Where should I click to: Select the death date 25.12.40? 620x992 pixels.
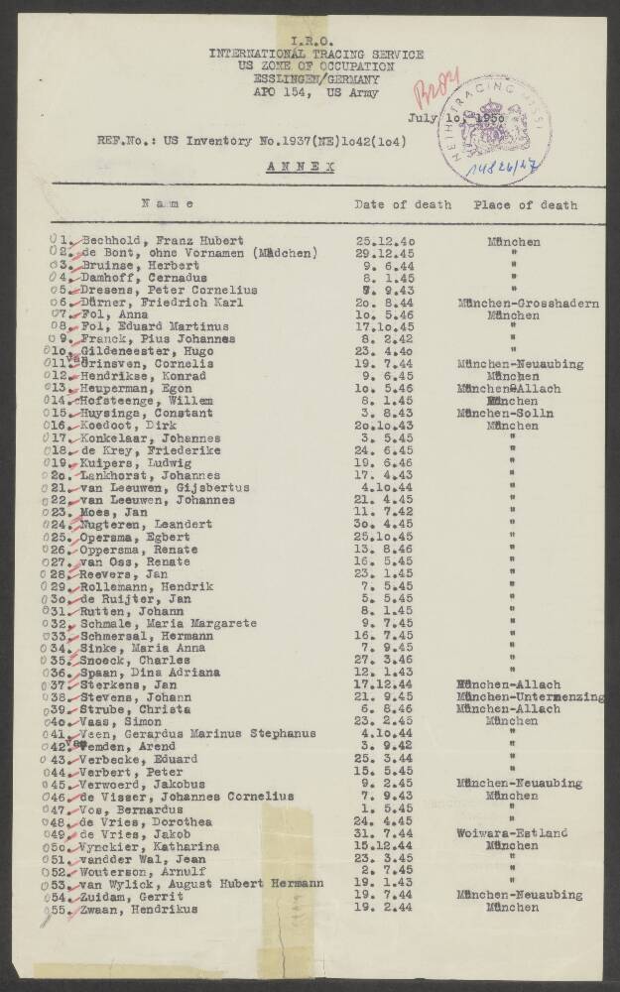(x=381, y=241)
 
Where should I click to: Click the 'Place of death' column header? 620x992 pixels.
(x=525, y=205)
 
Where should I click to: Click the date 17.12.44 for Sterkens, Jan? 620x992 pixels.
(x=381, y=684)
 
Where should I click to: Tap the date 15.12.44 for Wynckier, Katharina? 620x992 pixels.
(x=381, y=845)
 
